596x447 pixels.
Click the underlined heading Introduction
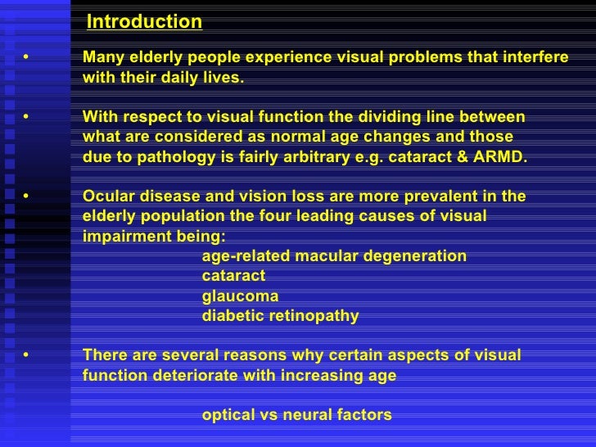tap(144, 22)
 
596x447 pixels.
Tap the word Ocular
tap(110, 196)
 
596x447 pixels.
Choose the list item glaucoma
tap(240, 296)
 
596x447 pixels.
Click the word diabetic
tap(233, 316)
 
